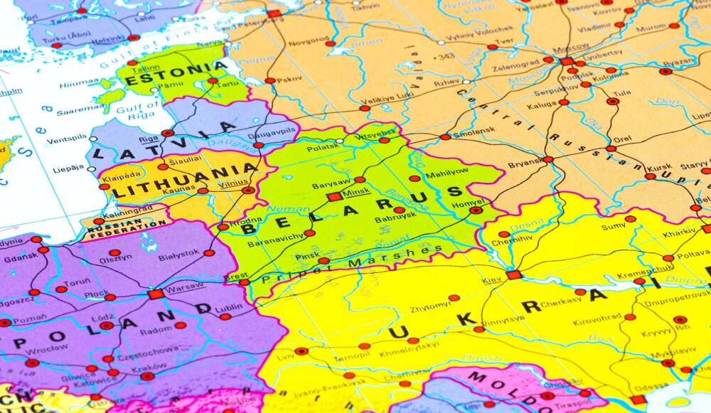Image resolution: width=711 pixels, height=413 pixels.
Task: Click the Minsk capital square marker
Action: click(333, 197)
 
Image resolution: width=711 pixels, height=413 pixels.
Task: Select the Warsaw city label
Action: click(184, 288)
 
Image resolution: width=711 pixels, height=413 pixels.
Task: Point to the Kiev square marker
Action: click(514, 275)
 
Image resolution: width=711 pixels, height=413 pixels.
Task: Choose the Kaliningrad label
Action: click(127, 212)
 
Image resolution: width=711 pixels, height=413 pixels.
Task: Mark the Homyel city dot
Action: click(476, 210)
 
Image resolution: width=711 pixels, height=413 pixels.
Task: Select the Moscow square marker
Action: click(567, 61)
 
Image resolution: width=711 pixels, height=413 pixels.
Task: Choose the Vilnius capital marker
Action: click(248, 191)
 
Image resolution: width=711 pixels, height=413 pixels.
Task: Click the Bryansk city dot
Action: click(548, 159)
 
